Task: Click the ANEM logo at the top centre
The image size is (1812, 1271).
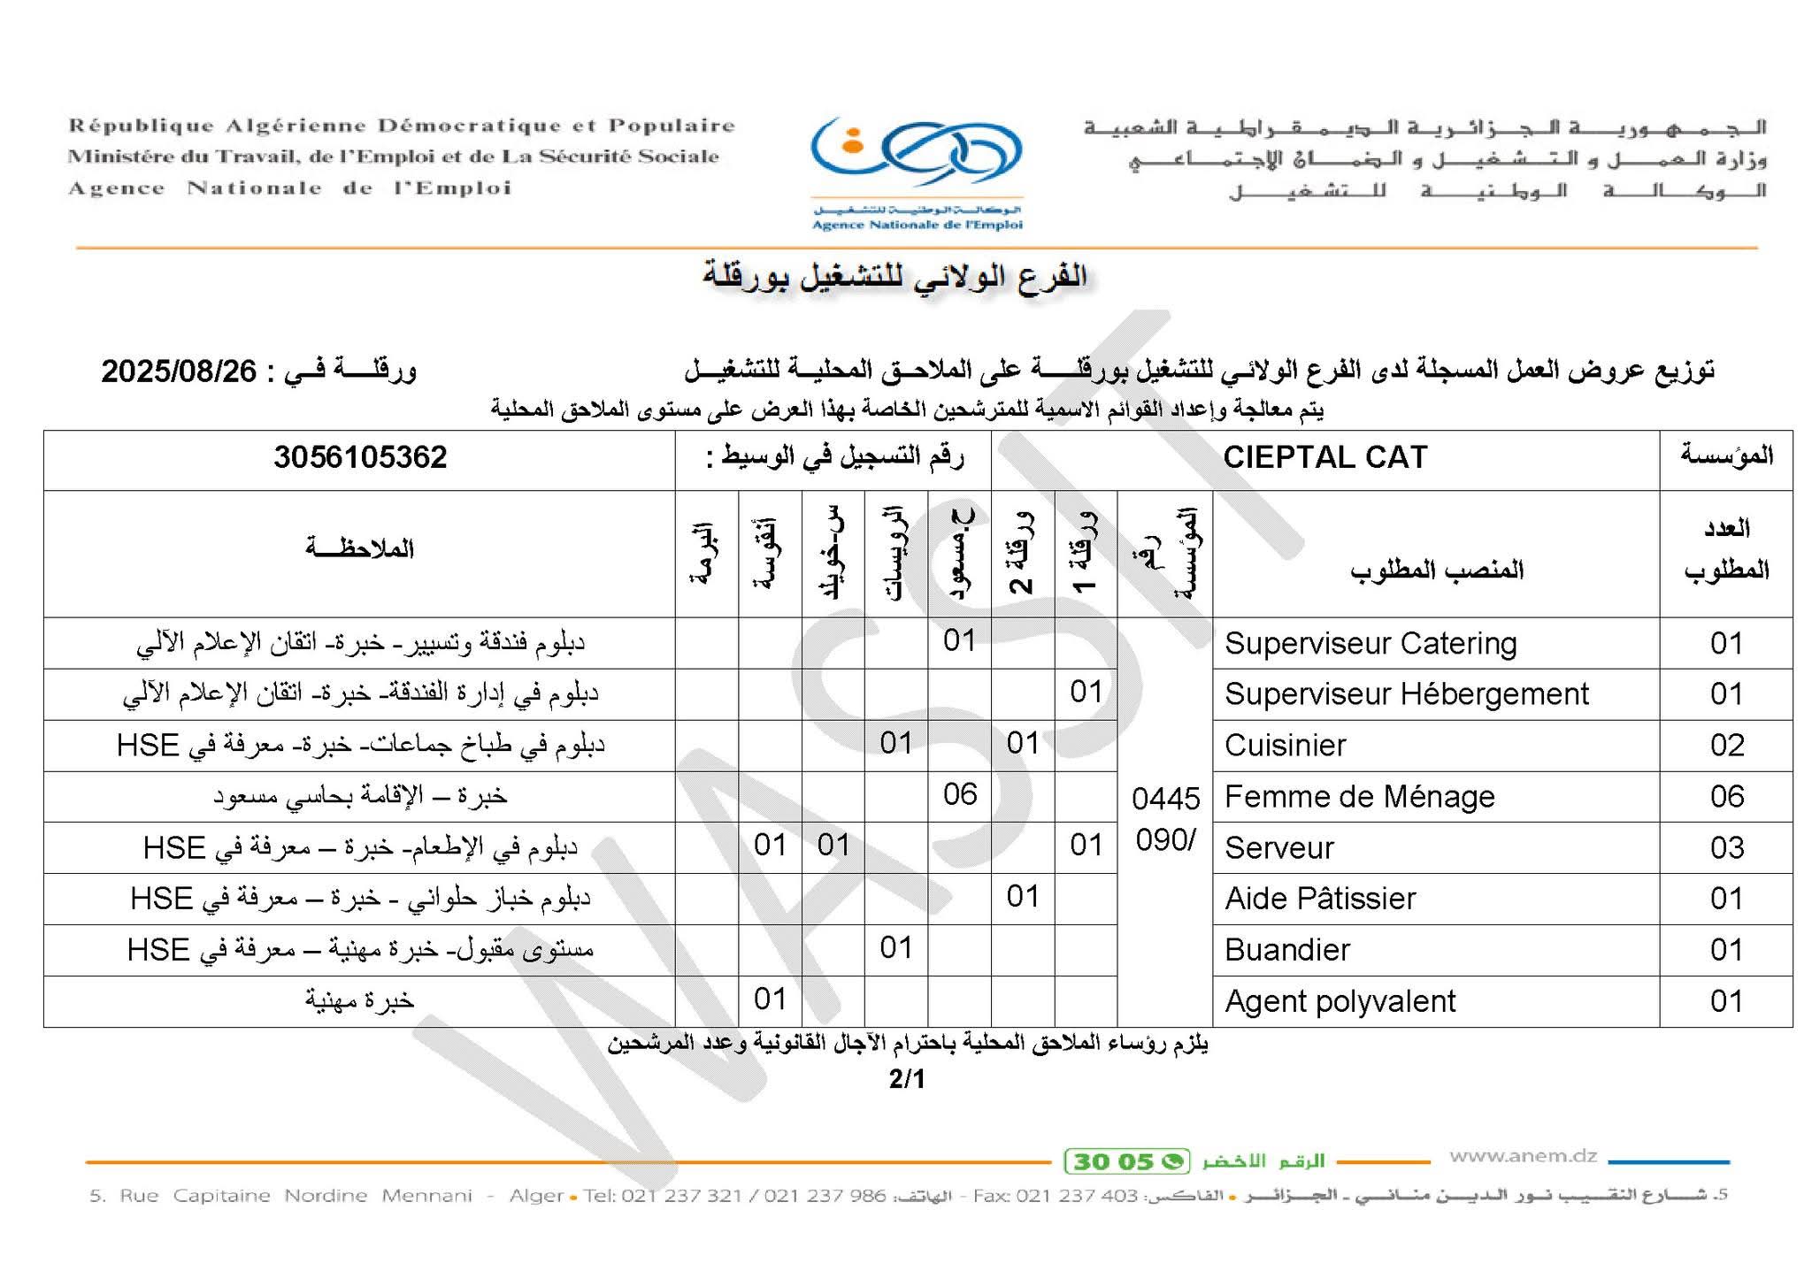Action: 917,172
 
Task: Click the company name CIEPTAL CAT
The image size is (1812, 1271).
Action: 1324,457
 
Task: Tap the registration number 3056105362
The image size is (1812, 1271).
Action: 360,457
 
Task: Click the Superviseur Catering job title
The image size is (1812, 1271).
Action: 1370,643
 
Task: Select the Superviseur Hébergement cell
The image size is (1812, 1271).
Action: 1406,694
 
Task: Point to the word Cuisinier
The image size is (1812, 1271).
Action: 1285,746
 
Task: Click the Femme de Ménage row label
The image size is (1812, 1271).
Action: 1359,797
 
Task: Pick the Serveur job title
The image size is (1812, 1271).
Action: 1278,848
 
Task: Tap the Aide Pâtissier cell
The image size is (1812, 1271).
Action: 1320,899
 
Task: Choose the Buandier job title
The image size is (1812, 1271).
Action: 1287,950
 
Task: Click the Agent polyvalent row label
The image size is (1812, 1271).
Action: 1340,1001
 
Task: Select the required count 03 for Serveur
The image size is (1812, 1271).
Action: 1726,848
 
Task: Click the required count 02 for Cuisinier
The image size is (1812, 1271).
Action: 1726,746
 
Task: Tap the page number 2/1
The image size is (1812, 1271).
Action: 907,1079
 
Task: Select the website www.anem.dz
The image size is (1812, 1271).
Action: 1523,1156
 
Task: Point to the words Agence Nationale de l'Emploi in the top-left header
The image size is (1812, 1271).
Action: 290,188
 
